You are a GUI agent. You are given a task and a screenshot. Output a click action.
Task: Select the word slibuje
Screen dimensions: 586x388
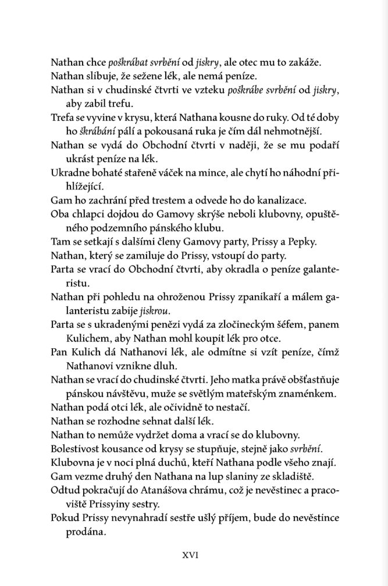pyautogui.click(x=102, y=76)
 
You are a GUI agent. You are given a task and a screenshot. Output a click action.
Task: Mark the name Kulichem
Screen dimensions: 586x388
pyautogui.click(x=88, y=338)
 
